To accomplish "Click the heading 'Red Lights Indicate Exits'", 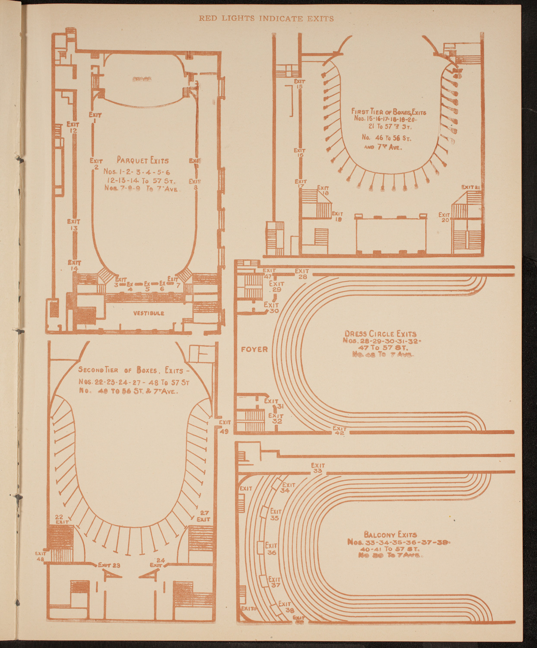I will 266,18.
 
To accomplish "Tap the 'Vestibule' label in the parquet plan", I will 148,313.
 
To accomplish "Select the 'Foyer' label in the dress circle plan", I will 254,349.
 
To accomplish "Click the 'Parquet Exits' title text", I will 143,160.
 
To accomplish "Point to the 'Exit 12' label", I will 73,127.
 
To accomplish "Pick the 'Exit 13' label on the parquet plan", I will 73,225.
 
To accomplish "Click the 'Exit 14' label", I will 74,265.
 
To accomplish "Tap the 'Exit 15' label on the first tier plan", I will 299,84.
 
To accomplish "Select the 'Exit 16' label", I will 299,152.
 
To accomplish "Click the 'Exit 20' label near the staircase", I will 445,217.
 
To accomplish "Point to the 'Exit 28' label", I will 302,273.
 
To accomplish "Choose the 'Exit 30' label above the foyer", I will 271,308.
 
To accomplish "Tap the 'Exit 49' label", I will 225,426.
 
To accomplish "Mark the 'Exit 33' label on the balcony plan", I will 318,468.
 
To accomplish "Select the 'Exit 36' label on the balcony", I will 271,549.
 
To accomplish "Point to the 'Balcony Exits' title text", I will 391,534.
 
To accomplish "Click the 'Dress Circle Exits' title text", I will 380,334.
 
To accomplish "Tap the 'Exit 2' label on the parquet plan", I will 96,163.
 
